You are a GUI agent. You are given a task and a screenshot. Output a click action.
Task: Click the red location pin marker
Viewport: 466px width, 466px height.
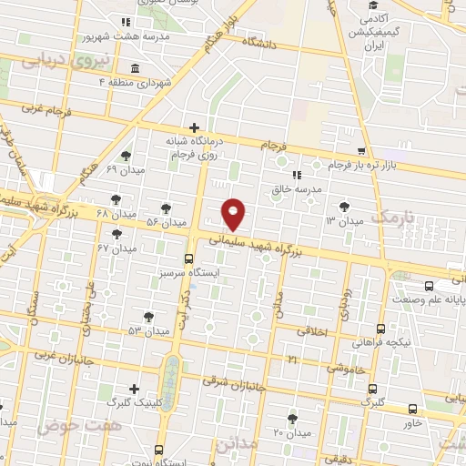click(235, 214)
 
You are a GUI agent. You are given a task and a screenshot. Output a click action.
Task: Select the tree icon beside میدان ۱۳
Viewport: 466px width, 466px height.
click(343, 207)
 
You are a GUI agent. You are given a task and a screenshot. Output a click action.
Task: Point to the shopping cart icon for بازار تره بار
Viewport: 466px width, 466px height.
click(362, 151)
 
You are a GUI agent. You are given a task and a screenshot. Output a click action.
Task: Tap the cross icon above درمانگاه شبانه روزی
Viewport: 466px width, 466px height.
click(193, 128)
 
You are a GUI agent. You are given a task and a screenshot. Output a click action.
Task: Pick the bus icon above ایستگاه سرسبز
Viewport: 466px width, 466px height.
click(188, 258)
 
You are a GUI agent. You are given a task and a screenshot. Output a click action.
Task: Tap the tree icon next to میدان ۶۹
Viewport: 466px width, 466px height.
click(126, 156)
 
